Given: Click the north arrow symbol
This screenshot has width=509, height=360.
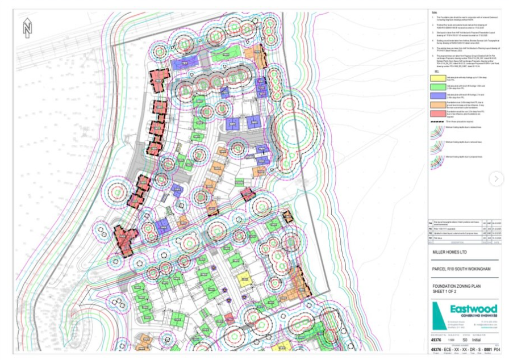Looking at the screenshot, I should click(27, 27).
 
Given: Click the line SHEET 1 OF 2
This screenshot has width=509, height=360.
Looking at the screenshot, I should click(447, 292).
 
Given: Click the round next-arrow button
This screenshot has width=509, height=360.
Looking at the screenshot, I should click(496, 179).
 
